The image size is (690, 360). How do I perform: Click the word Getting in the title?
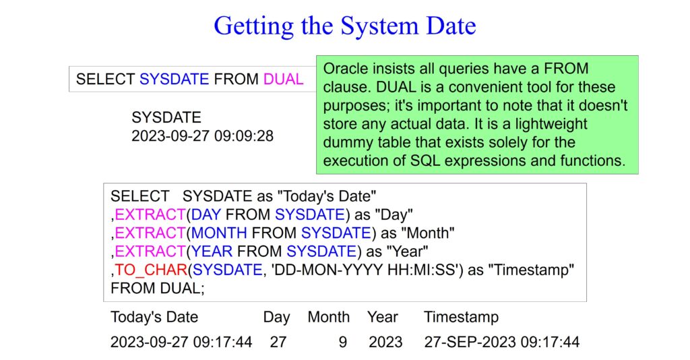[253, 26]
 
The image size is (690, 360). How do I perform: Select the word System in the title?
[381, 26]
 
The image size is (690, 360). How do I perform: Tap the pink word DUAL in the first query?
[284, 80]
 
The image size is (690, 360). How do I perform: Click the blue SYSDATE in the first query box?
[175, 80]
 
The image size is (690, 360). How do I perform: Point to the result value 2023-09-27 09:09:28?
[202, 136]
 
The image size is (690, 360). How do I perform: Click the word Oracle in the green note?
[346, 69]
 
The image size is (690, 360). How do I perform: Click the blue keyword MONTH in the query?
[219, 233]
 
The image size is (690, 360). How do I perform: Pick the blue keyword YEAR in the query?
[212, 251]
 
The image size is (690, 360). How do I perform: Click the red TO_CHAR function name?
[151, 270]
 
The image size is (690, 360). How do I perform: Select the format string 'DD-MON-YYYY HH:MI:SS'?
[365, 270]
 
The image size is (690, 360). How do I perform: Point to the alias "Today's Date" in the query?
[328, 196]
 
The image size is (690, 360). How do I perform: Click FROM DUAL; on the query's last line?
[158, 289]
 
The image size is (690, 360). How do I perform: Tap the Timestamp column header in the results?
[461, 318]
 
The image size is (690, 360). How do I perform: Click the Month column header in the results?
[329, 317]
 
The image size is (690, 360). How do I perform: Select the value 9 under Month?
[343, 342]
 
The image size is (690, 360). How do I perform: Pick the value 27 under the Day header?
[278, 342]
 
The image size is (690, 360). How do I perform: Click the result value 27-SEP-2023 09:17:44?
[501, 342]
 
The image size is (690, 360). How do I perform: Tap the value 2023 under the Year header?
[385, 342]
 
